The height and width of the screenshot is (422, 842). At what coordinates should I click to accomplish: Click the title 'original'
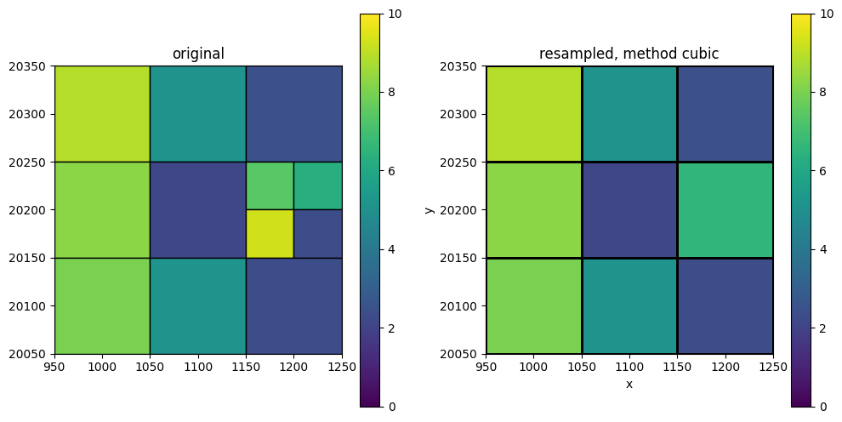pyautogui.click(x=198, y=54)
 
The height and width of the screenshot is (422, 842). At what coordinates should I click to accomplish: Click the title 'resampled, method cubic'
pyautogui.click(x=629, y=54)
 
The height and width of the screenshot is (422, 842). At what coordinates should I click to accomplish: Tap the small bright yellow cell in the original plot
pyautogui.click(x=270, y=234)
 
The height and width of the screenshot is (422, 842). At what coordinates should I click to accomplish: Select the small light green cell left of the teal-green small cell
pyautogui.click(x=270, y=185)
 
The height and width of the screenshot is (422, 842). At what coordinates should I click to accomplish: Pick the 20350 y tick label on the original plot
pyautogui.click(x=30, y=66)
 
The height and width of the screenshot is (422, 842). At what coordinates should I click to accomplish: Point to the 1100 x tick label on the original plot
pyautogui.click(x=198, y=367)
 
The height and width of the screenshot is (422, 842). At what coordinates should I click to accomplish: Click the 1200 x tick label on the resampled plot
pyautogui.click(x=725, y=367)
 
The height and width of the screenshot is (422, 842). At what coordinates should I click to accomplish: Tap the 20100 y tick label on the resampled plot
pyautogui.click(x=461, y=306)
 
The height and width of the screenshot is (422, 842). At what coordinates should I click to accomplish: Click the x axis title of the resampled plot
pyautogui.click(x=629, y=385)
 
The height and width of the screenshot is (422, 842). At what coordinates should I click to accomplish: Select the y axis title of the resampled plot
pyautogui.click(x=429, y=210)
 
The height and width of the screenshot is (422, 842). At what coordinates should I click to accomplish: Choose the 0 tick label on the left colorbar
pyautogui.click(x=391, y=407)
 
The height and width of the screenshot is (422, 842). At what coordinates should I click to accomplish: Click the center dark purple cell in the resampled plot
pyautogui.click(x=629, y=210)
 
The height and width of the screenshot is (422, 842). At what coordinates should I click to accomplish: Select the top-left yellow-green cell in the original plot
pyautogui.click(x=102, y=114)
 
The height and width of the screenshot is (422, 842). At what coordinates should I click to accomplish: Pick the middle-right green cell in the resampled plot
pyautogui.click(x=725, y=210)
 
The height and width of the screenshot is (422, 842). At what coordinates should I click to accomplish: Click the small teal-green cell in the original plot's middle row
pyautogui.click(x=318, y=185)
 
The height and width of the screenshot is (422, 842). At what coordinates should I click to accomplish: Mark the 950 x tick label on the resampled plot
pyautogui.click(x=486, y=367)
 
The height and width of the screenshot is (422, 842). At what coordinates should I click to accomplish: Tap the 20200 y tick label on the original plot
pyautogui.click(x=30, y=210)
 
